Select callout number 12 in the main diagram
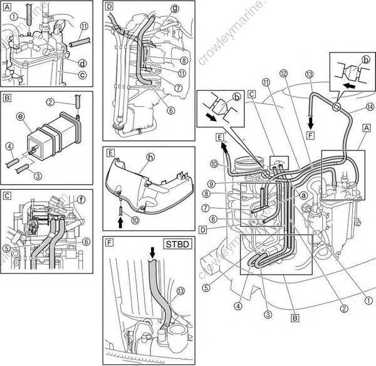point(284,73)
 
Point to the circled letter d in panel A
point(65,63)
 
